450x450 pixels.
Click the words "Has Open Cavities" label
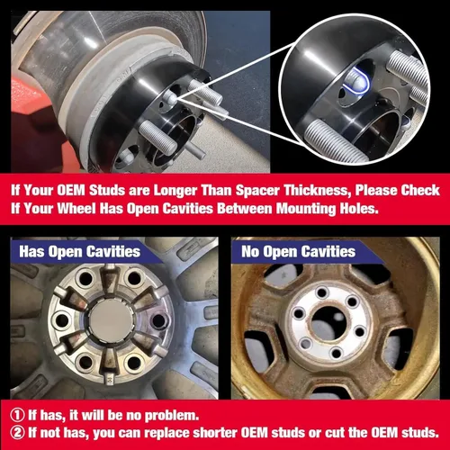pyautogui.click(x=79, y=251)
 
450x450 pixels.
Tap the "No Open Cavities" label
pyautogui.click(x=299, y=251)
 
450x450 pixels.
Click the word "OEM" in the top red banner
pyautogui.click(x=71, y=190)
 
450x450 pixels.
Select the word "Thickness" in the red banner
pyautogui.click(x=318, y=190)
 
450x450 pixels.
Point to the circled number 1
pyautogui.click(x=17, y=415)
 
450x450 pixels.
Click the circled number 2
pyautogui.click(x=17, y=433)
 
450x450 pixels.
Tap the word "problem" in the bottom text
pyautogui.click(x=170, y=416)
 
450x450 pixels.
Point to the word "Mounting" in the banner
pyautogui.click(x=306, y=210)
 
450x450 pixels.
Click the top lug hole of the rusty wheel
pyautogui.click(x=322, y=292)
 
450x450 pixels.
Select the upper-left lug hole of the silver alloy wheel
pyautogui.click(x=85, y=279)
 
